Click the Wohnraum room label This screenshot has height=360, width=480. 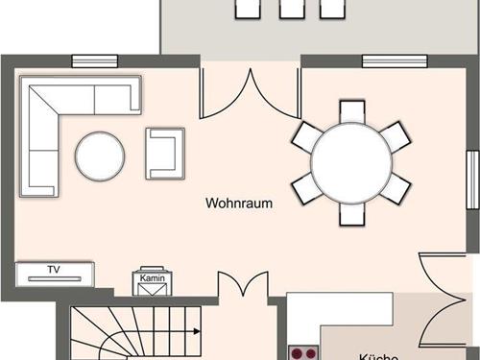point(239,204)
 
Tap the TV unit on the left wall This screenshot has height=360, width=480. point(55,272)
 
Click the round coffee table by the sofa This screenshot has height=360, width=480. point(100,156)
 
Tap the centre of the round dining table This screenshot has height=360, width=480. point(352,161)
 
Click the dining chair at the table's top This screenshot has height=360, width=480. point(352,112)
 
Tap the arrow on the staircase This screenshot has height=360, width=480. point(196,331)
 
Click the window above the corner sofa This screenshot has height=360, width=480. point(94,61)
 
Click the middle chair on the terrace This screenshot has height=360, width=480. point(289,9)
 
